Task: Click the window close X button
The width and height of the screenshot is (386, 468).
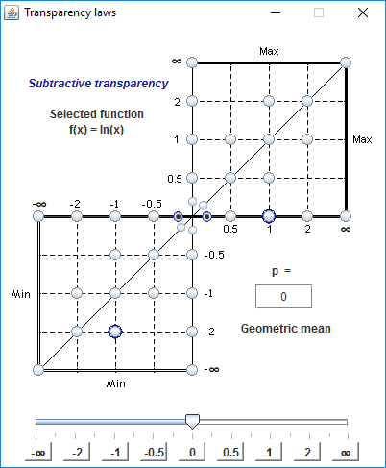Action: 363,12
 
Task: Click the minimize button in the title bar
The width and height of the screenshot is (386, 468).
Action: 276,13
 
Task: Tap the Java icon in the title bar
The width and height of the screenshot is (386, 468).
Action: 12,12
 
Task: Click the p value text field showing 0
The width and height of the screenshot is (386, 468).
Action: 283,296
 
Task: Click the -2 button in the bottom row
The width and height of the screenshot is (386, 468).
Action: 77,452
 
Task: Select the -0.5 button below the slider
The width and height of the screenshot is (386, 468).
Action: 154,452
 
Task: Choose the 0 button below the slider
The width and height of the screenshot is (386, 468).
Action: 192,452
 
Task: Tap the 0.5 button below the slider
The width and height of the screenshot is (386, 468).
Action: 230,452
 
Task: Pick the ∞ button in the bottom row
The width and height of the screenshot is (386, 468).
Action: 346,452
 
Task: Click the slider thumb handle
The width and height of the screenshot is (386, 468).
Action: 192,422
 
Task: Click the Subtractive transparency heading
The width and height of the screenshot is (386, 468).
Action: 98,84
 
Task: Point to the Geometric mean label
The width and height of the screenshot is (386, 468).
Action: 286,329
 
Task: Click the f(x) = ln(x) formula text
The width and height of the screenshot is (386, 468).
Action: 96,130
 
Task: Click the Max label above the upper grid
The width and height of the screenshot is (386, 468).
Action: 269,51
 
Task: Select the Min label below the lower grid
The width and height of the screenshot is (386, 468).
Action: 115,383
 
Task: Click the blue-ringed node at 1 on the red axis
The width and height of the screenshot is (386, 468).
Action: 269,216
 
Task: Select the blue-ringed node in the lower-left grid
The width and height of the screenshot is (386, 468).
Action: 115,332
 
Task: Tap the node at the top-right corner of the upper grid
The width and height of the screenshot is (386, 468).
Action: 346,62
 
